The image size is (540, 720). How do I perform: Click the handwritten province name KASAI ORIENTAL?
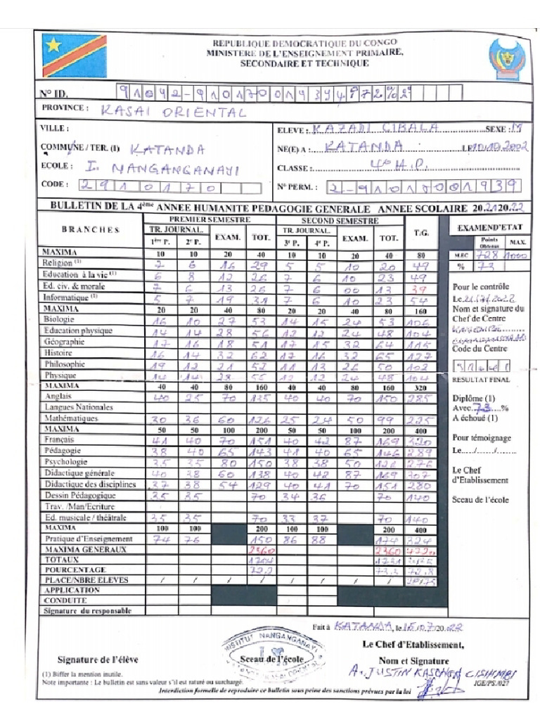173,112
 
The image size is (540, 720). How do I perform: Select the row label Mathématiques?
71,418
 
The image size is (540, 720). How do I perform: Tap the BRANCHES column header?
91,229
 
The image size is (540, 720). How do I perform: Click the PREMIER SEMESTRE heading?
210,219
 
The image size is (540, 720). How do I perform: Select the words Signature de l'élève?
98,659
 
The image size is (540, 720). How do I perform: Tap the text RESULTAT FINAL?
480,379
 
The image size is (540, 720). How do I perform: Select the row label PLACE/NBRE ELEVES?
85,580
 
